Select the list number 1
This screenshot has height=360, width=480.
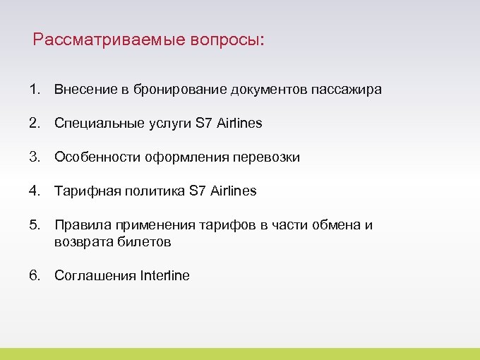tap(34, 90)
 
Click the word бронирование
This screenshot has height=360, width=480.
tap(166, 90)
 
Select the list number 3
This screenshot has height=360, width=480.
tap(34, 157)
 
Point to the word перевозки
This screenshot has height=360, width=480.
tap(268, 157)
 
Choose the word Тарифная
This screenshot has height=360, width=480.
tap(83, 191)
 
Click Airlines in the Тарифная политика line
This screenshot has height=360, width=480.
tap(233, 191)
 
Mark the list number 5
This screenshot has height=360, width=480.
tap(34, 225)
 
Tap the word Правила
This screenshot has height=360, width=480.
tap(78, 225)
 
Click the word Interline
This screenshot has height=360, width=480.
tap(165, 276)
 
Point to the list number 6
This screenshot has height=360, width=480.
tap(34, 276)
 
